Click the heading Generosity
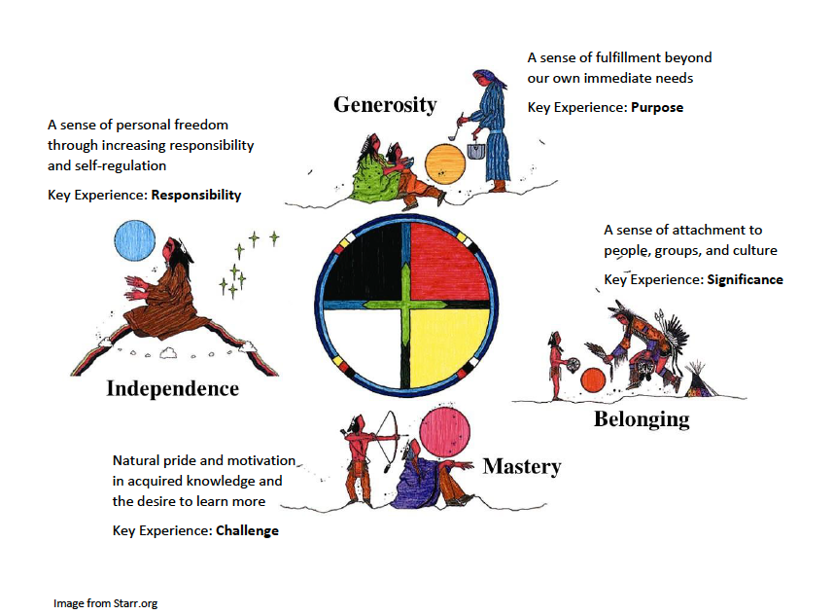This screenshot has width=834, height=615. [385, 104]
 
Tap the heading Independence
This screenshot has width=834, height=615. [172, 389]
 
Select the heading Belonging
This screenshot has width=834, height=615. [642, 419]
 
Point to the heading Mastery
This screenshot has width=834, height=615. [522, 466]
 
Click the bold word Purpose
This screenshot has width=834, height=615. [657, 107]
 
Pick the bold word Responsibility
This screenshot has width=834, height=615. [195, 195]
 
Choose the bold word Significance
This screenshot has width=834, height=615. [746, 280]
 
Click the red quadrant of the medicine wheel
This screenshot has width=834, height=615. [447, 262]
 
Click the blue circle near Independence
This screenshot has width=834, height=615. [134, 240]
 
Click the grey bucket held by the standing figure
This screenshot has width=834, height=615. [477, 153]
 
